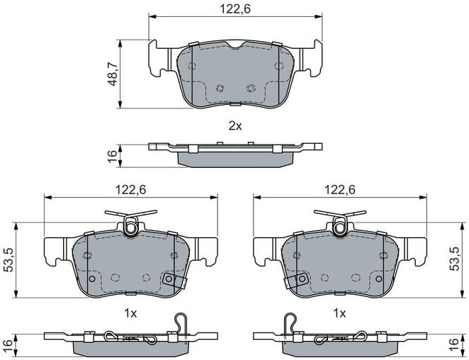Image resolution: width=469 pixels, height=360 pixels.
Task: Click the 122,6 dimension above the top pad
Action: tap(235, 9)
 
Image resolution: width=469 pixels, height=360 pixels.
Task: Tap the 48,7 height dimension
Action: tap(112, 74)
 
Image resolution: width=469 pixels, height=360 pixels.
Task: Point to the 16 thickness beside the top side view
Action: tap(112, 156)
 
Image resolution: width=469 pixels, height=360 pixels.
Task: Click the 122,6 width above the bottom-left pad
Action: tap(130, 189)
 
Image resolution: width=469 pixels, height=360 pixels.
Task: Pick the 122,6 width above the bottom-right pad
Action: tap(340, 189)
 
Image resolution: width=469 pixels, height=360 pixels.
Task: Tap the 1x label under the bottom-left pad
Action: tap(130, 313)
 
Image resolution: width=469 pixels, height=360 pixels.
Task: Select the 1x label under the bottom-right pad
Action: tap(340, 313)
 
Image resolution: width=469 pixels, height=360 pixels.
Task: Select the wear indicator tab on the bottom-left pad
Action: tap(169, 281)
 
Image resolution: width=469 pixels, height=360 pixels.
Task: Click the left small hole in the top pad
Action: tap(220, 89)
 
